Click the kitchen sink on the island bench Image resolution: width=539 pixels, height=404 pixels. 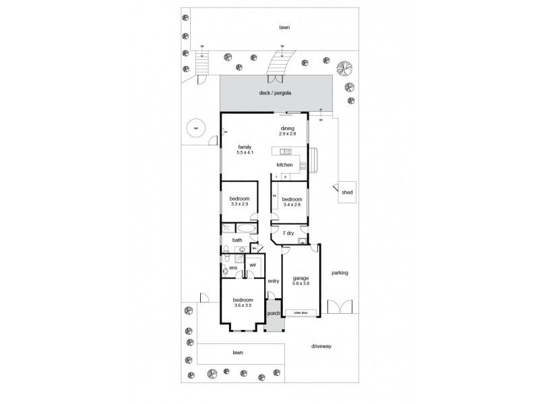(285, 151)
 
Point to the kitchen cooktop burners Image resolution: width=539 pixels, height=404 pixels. (303, 165)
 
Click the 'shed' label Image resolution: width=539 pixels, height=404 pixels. (348, 193)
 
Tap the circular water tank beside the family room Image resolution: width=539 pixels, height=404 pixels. (195, 129)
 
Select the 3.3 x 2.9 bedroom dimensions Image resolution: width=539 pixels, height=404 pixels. (240, 204)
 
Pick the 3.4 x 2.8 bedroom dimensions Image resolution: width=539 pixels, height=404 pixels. (292, 204)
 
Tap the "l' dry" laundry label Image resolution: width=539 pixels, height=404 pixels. (288, 233)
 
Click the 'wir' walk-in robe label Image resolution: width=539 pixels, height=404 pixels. (253, 265)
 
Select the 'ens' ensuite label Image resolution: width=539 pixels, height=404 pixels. (233, 269)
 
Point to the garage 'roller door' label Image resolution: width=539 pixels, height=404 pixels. (296, 312)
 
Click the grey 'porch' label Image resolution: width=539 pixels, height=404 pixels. (274, 314)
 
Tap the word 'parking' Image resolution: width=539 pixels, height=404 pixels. (339, 273)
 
